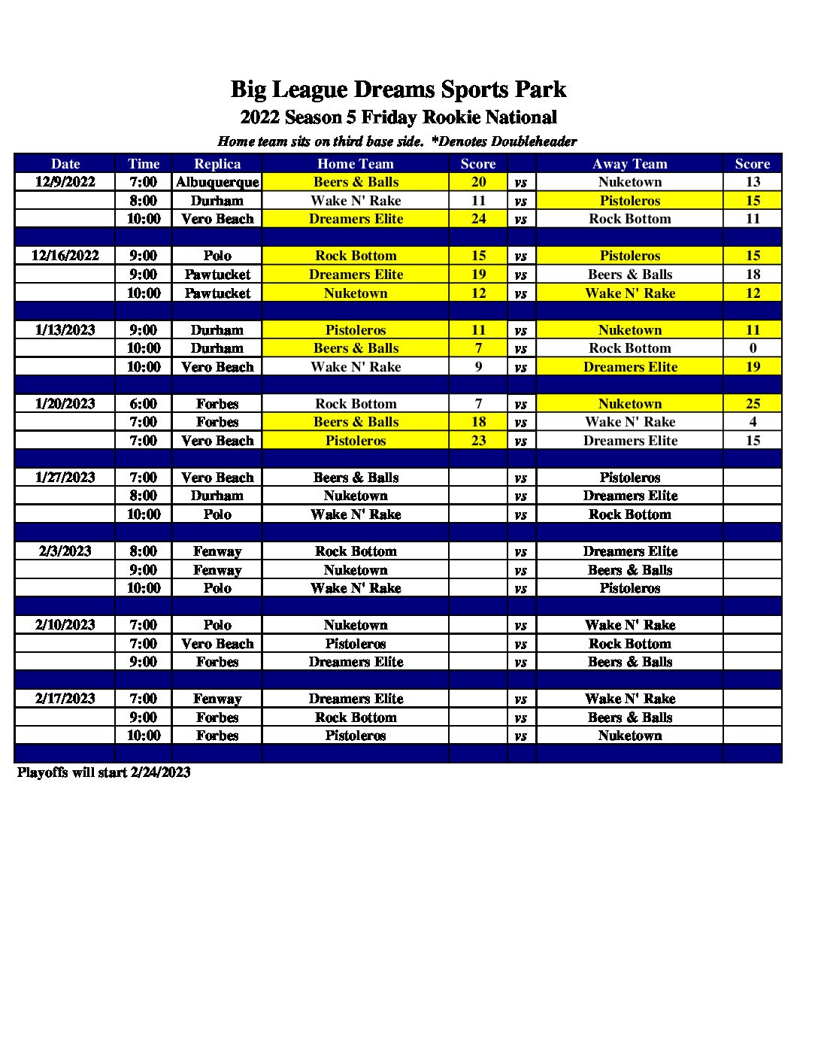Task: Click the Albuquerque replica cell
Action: point(217,182)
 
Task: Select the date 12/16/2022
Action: point(65,256)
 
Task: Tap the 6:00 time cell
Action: point(144,404)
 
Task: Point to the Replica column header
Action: point(217,164)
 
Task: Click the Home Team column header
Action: point(356,164)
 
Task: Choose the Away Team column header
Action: point(630,164)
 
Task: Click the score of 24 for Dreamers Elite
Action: point(478,219)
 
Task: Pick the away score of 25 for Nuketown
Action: point(753,404)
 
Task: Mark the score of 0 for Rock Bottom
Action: point(753,348)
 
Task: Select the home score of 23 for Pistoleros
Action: point(478,441)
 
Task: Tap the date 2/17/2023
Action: point(65,699)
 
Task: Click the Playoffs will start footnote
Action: point(104,772)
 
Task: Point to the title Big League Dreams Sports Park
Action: point(398,90)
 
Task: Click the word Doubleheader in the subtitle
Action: point(534,141)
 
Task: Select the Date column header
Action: point(65,164)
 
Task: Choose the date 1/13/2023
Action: point(65,330)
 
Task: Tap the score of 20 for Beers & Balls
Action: point(478,182)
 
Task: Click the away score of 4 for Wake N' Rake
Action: point(753,422)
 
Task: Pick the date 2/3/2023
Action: point(65,551)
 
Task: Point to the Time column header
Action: point(144,164)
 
